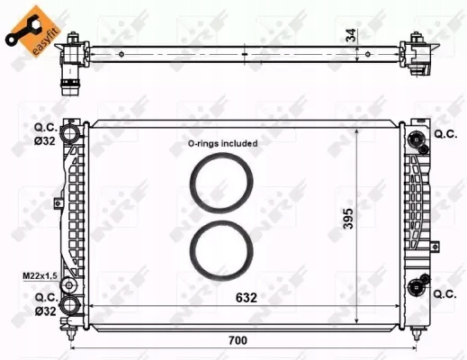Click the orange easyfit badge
33,31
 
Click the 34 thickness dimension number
351,35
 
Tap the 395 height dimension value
348,219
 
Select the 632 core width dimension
247,298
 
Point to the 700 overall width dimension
238,340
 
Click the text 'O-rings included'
222,143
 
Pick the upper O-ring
221,183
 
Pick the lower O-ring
221,250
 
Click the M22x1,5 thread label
40,275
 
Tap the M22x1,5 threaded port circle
69,285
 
